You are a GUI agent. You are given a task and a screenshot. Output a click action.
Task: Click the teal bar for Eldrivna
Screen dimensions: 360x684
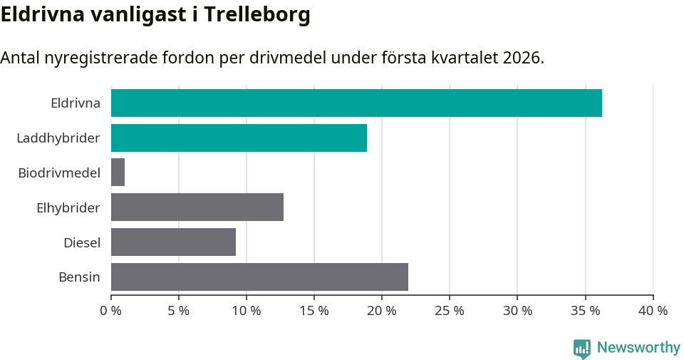coord(356,103)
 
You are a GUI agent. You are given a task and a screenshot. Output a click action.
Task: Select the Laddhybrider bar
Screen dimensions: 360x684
coord(239,138)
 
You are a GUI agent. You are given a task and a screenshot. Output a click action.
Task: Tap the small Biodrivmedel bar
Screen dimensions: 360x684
coord(118,173)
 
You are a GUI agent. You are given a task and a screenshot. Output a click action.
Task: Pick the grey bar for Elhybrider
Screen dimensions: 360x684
coord(197,207)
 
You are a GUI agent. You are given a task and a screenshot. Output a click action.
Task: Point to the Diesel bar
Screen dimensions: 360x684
coord(173,242)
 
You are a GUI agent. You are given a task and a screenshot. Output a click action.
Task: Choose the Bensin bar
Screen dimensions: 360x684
coord(259,277)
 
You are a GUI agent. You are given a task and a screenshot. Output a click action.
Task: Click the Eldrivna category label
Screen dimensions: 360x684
coord(75,103)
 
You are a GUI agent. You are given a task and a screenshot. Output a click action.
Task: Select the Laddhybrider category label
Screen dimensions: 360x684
coord(58,138)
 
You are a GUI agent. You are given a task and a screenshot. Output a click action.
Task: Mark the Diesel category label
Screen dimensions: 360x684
coord(81,242)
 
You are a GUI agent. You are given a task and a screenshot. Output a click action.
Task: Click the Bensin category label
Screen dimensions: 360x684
coord(79,277)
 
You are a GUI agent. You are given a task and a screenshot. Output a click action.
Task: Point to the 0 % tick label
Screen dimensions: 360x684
coord(111,311)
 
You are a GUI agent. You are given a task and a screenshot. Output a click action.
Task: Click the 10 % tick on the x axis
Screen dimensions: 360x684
coord(247,311)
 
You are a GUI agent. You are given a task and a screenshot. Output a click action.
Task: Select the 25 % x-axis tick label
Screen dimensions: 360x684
coord(450,311)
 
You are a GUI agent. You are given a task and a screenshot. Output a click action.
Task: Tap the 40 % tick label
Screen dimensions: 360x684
coord(653,311)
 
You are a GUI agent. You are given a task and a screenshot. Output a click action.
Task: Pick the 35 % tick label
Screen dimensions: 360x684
coord(585,311)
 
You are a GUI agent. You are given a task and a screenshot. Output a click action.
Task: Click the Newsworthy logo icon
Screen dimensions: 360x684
coord(582,348)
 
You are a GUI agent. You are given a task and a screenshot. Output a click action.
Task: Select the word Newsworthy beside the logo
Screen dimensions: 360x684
coord(638,348)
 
